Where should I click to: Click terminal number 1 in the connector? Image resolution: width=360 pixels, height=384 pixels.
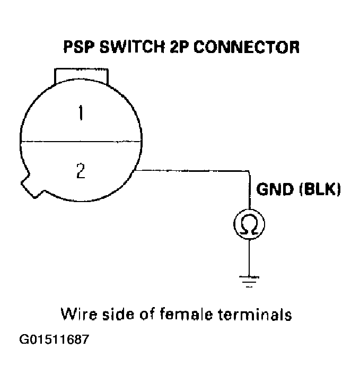click(x=80, y=114)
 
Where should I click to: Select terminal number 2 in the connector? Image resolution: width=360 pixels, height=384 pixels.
click(x=80, y=171)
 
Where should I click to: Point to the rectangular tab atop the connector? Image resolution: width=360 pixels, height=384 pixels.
click(x=81, y=76)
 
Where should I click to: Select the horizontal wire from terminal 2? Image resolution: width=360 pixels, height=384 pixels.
click(x=191, y=171)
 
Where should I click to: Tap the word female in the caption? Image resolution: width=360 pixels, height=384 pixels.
click(x=193, y=315)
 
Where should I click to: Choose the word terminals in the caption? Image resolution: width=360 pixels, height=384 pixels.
click(x=257, y=315)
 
